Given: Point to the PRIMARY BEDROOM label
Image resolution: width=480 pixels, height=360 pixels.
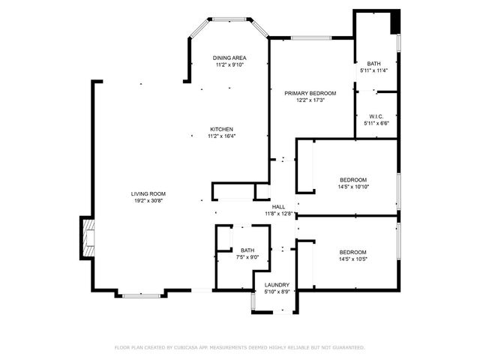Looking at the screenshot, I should point(310,93).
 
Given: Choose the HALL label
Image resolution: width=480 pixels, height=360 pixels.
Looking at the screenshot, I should point(278,207).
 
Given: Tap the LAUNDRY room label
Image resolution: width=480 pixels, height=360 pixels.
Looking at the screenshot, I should point(277,285).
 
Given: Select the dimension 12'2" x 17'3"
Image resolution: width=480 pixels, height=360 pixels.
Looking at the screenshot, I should point(310,100).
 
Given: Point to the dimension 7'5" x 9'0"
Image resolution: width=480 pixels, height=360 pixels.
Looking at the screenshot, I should point(247,257).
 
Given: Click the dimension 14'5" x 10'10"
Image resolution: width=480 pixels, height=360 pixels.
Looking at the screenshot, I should point(353,186).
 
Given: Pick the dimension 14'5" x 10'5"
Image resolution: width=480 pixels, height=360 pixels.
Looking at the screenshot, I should point(352,259).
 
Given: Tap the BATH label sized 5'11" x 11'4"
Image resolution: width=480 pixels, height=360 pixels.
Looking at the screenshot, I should point(373,64).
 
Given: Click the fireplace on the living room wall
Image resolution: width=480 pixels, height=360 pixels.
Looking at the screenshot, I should point(88,238).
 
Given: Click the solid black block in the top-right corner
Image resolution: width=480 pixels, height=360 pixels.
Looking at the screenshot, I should point(394,22).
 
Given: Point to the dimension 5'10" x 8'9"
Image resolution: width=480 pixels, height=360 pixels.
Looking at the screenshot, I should point(277,292).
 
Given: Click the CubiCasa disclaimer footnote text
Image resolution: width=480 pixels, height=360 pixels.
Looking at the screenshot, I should point(239,347).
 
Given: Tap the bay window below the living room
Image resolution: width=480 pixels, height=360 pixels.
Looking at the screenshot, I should point(142,295).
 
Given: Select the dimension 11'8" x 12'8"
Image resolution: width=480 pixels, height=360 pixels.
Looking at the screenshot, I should point(278,214).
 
